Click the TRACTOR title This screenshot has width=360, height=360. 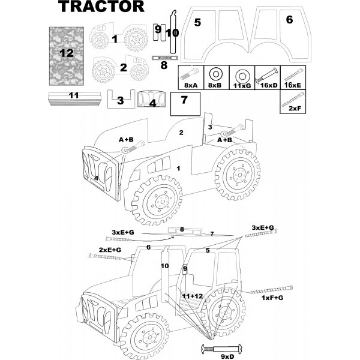coord(101,7)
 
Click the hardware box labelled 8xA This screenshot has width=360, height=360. coord(191,78)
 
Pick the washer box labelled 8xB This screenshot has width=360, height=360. coord(216,78)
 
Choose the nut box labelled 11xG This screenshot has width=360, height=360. coord(241,78)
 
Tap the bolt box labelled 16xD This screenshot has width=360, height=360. coord(267,78)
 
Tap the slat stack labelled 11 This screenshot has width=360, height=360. coord(74,98)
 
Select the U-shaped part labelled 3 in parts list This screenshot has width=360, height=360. coord(120,98)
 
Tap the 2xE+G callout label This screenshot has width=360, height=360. coord(110,249)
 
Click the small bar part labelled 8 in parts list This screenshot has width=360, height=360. coord(163,58)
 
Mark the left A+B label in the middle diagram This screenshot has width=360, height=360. coord(125,139)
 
